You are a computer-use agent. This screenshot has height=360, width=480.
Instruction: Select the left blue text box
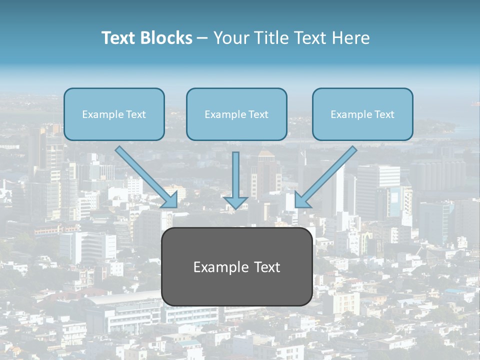114,114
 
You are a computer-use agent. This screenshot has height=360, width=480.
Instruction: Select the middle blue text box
236,114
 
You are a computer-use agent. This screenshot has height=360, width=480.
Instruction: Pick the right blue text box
362,114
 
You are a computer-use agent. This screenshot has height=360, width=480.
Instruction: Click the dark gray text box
236,266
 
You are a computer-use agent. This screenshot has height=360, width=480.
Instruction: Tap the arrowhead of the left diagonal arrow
170,199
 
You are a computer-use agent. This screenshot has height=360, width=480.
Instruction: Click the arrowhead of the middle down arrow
235,202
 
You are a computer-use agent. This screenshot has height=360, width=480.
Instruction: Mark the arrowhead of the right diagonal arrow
301,199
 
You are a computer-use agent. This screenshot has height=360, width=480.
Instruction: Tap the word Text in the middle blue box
258,114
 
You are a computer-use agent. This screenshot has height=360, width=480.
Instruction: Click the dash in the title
202,38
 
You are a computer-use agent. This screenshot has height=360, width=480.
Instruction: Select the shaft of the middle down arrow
235,172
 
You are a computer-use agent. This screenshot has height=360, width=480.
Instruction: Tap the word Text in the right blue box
384,114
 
